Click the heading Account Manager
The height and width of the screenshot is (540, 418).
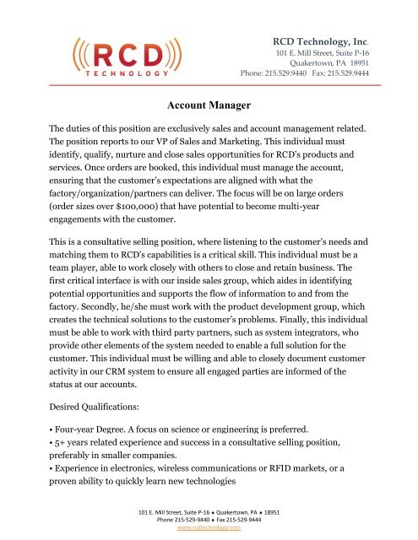tap(209, 105)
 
